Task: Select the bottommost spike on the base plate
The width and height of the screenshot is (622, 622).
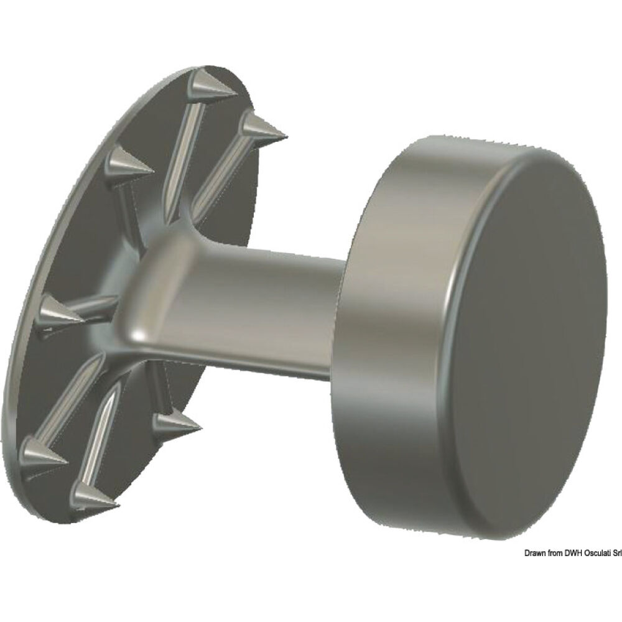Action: coord(93,496)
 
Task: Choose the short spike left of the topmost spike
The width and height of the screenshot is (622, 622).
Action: coord(128,164)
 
